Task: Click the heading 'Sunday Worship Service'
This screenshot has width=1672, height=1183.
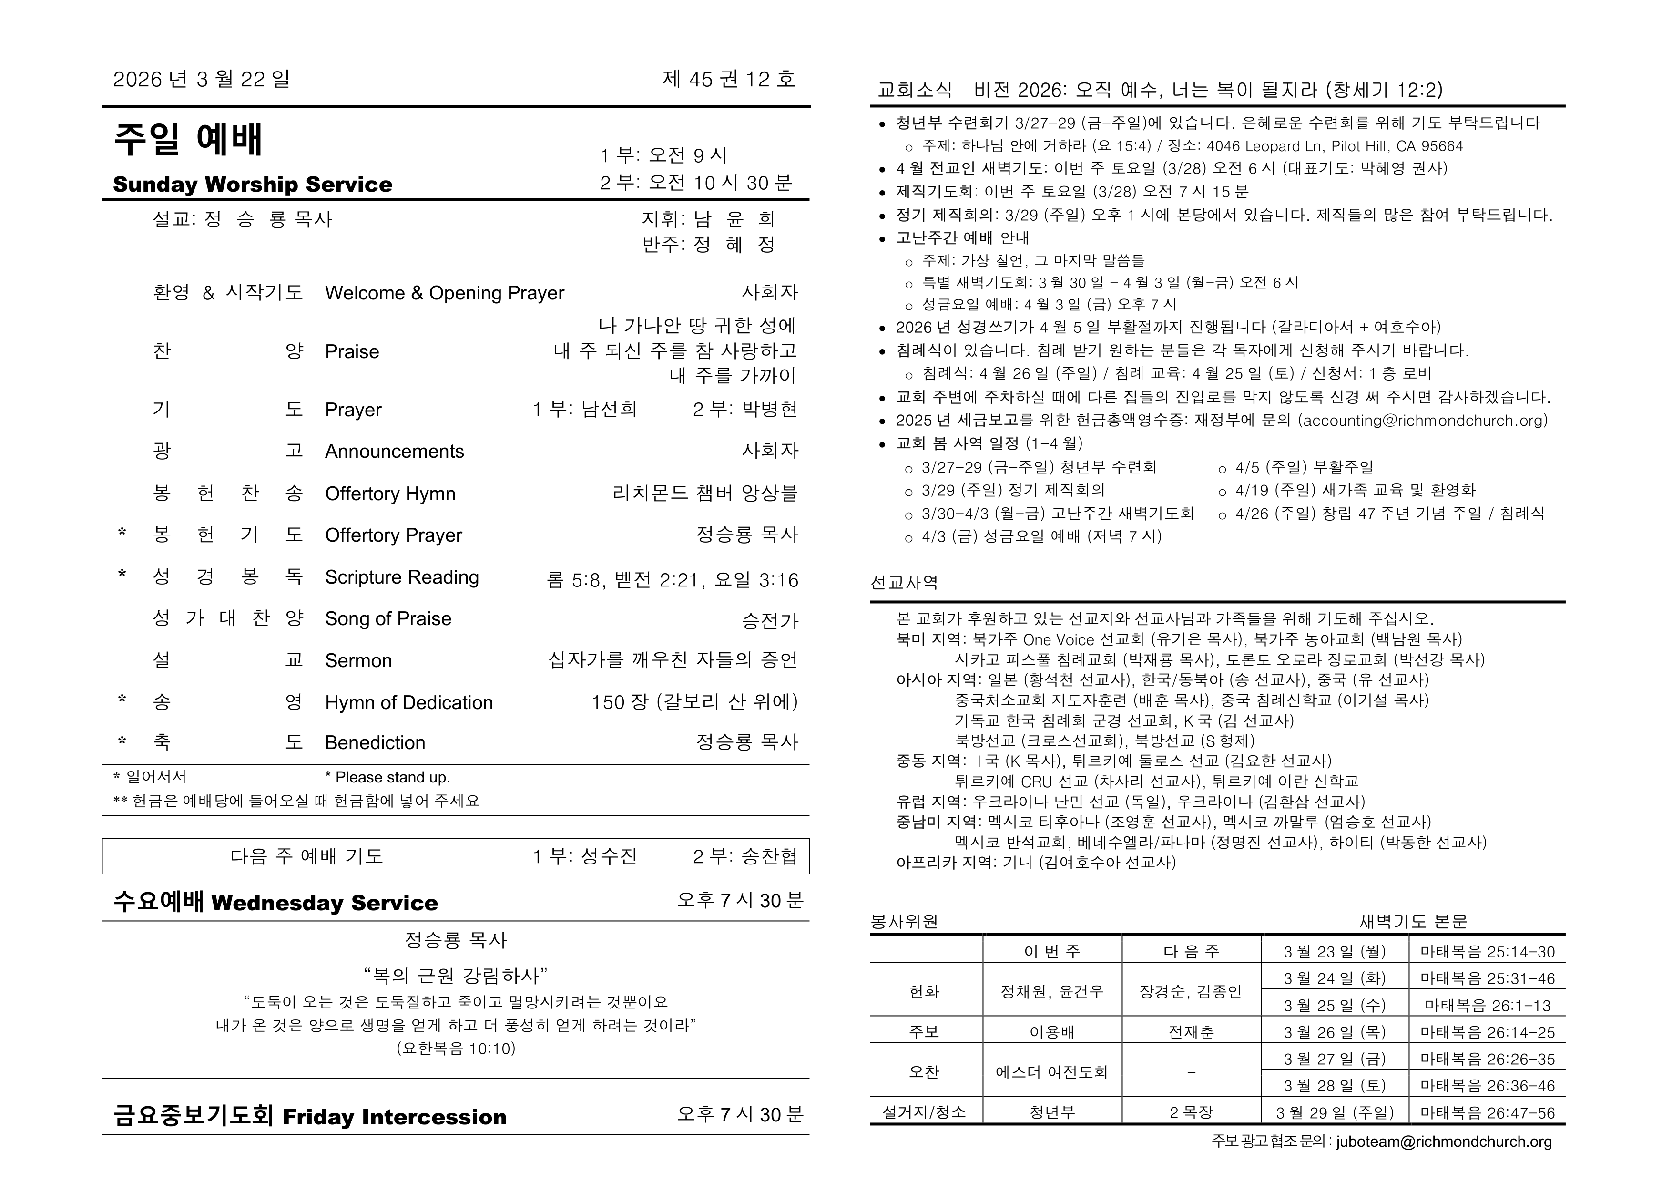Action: click(x=252, y=185)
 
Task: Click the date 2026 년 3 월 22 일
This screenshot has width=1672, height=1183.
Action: click(x=201, y=79)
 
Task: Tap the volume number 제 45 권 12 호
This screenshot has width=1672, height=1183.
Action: click(x=728, y=79)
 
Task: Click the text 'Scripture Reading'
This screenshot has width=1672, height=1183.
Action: click(x=401, y=577)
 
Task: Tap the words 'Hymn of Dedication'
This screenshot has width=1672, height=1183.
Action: click(x=408, y=703)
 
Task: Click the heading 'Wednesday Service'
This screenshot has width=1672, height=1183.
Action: click(x=324, y=903)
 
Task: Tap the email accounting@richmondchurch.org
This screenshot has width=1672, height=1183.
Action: click(x=1422, y=420)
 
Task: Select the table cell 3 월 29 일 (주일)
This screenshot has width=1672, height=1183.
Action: click(x=1334, y=1113)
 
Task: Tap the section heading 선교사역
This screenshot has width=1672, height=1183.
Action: click(x=904, y=583)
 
